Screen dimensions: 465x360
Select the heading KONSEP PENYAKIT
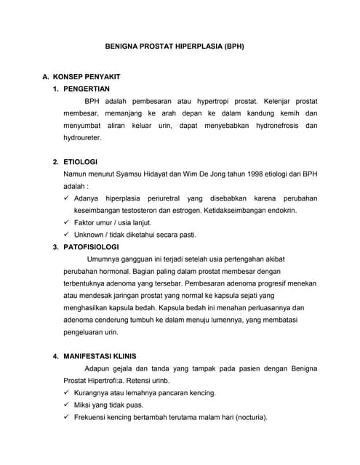click(91, 76)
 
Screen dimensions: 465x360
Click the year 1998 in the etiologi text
click(237, 174)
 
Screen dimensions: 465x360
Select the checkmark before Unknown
click(66, 235)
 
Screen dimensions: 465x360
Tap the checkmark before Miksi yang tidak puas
click(66, 405)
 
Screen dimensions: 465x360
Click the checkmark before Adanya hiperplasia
click(66, 198)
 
